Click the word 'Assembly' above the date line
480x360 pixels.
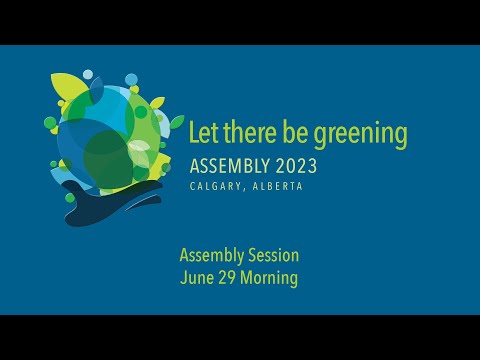click(208, 257)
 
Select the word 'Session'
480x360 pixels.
click(270, 256)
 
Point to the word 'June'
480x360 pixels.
click(197, 278)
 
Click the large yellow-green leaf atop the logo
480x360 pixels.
click(66, 84)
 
